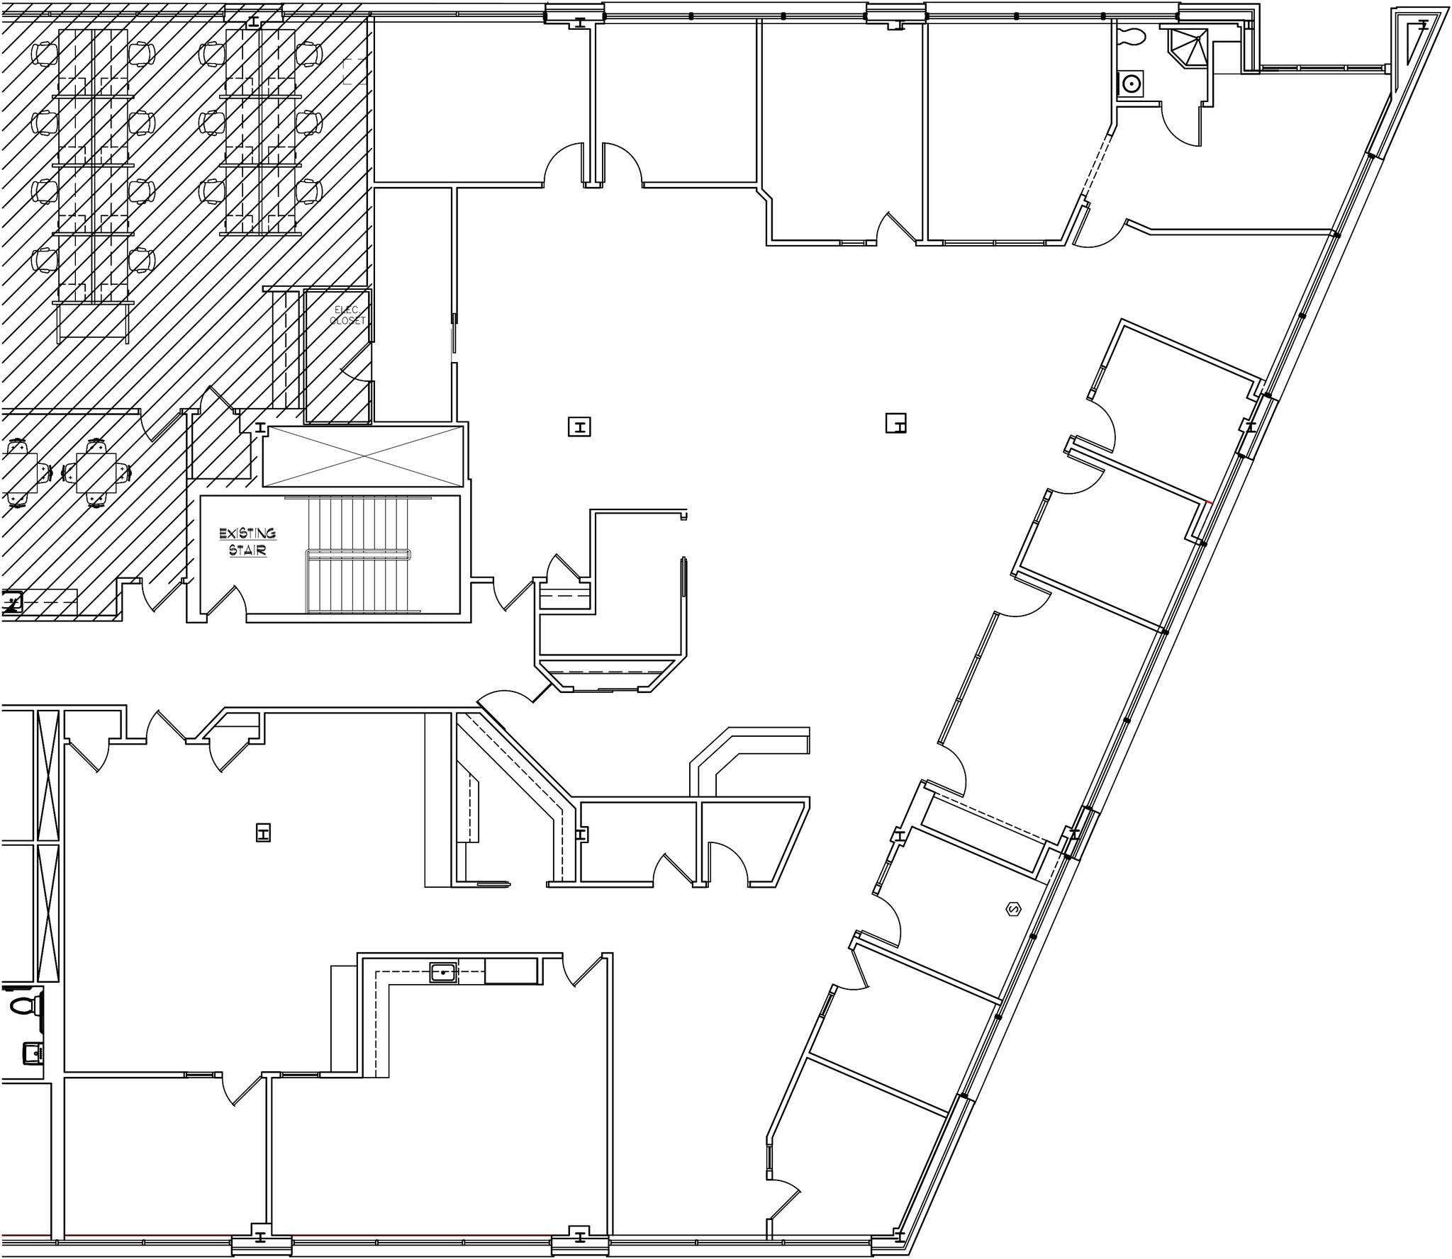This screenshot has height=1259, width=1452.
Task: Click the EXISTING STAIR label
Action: coord(247,542)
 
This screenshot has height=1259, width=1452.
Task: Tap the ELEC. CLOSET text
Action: coord(348,315)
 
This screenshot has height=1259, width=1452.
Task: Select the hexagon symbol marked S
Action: coord(1013,909)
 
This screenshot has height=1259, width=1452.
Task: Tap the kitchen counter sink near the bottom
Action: coord(443,973)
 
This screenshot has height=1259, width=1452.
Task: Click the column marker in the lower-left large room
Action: coord(264,833)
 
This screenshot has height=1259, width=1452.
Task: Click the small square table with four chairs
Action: coord(97,473)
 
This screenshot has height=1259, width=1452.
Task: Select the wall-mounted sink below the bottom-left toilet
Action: coord(32,1053)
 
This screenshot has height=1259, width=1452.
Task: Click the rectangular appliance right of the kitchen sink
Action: coord(510,971)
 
